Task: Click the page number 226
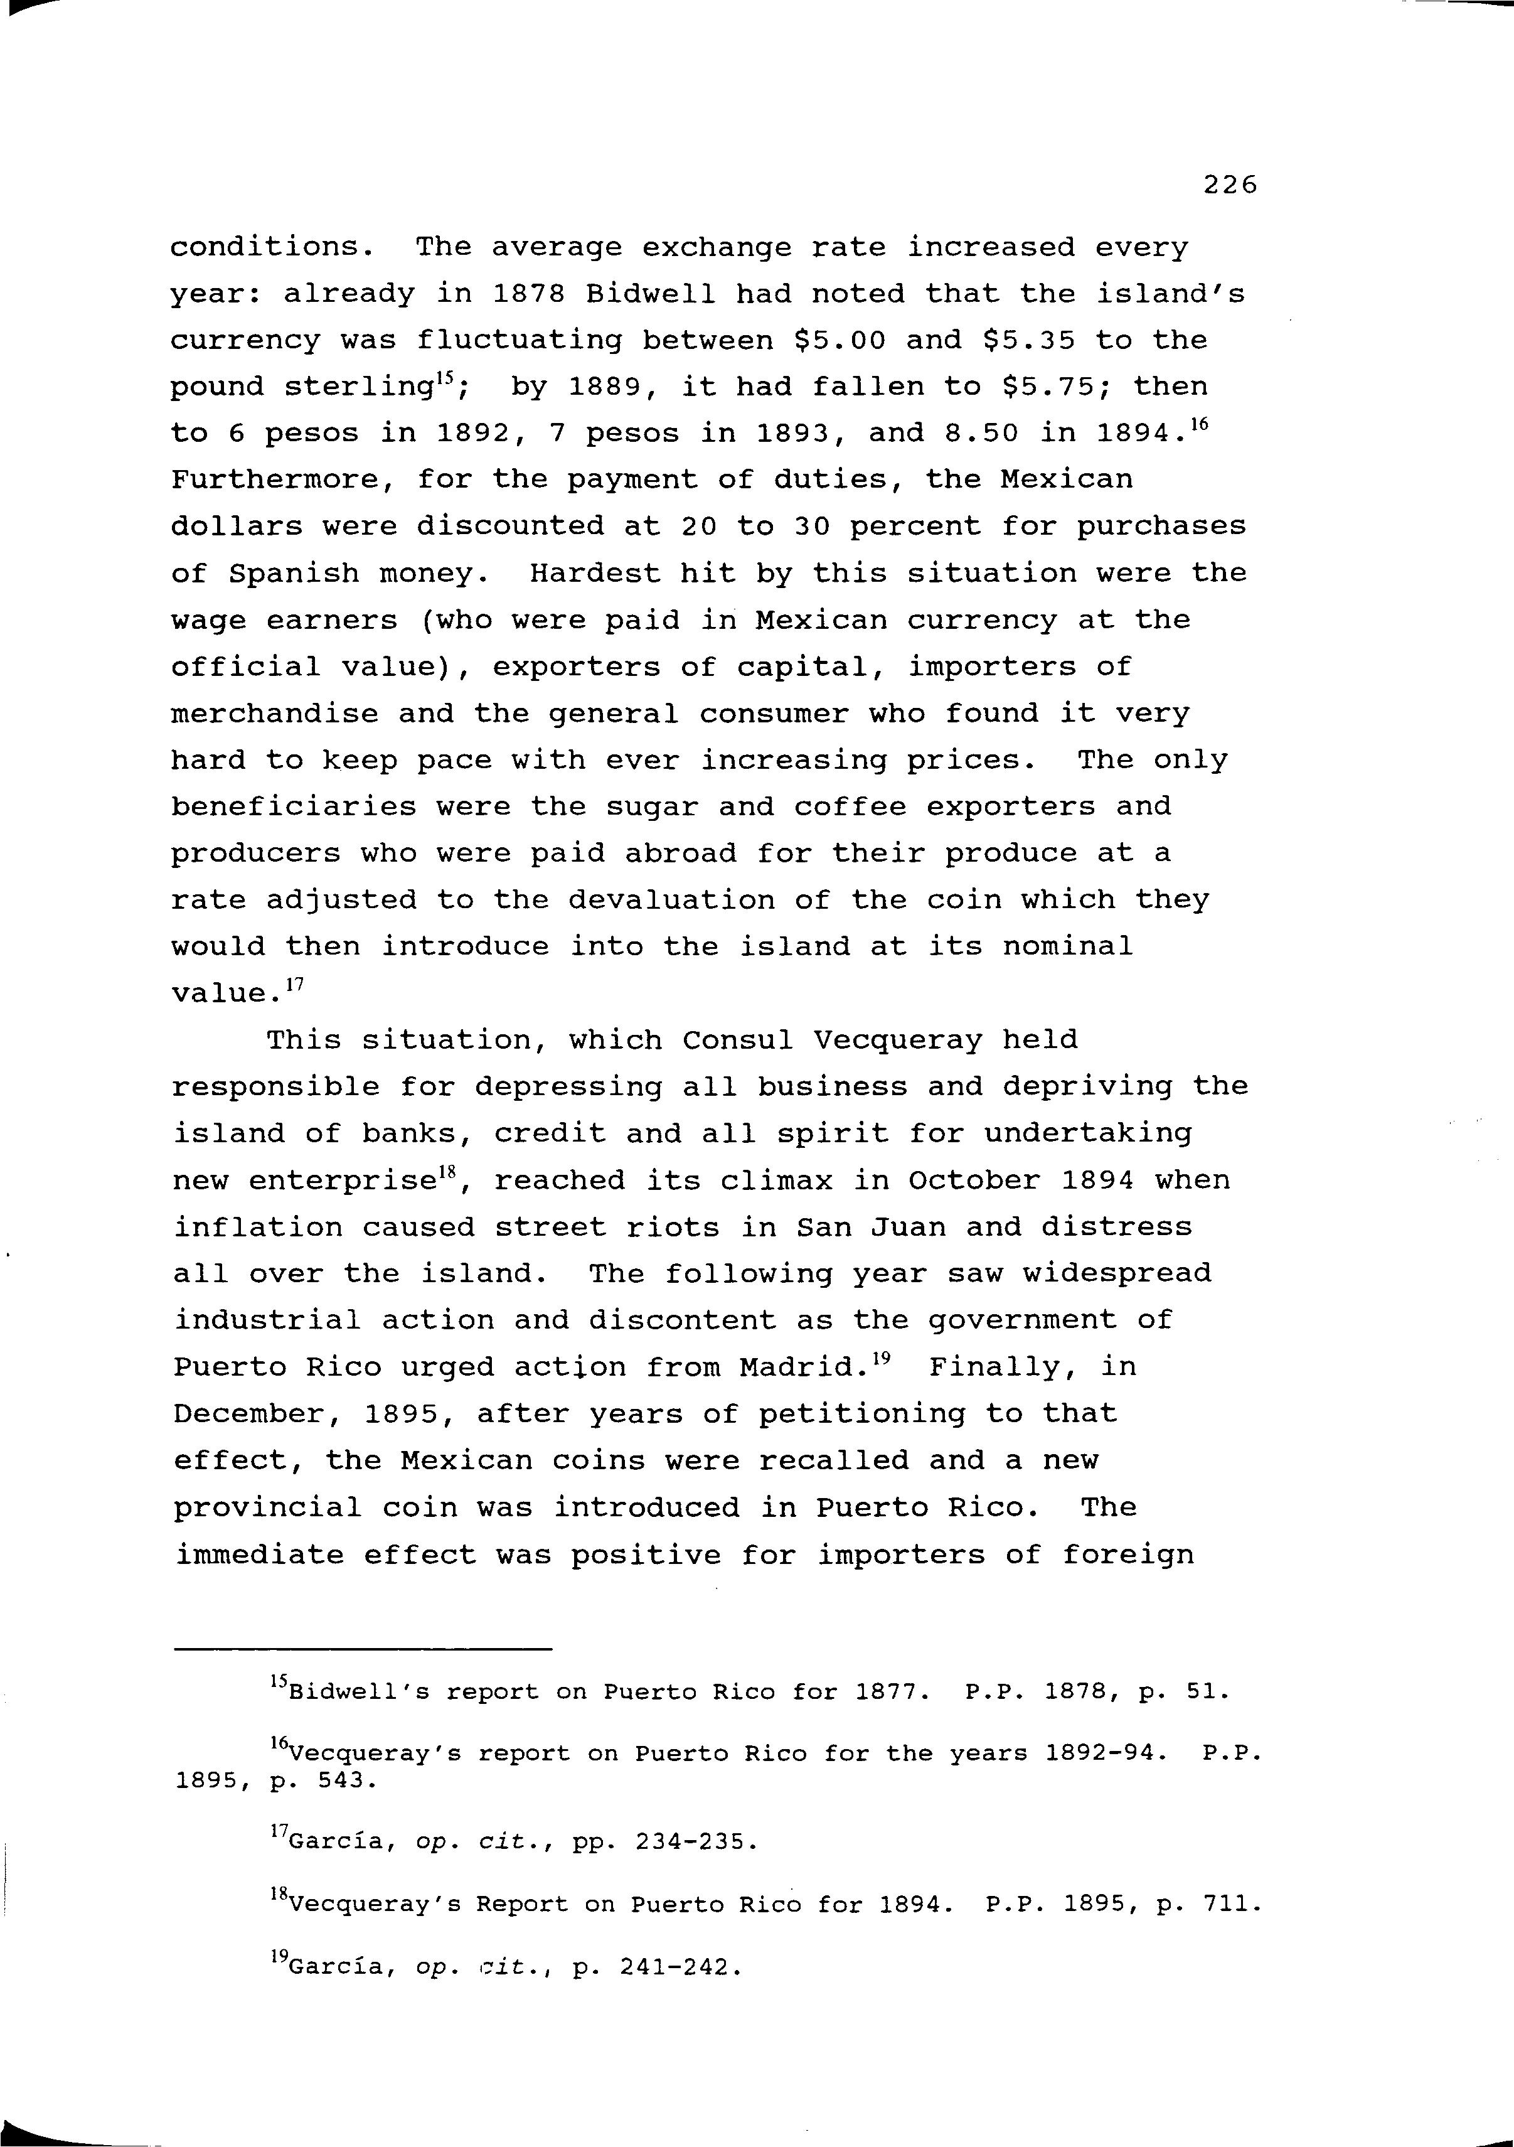click(1230, 185)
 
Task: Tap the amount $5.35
click(1028, 340)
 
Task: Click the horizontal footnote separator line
click(363, 1649)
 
